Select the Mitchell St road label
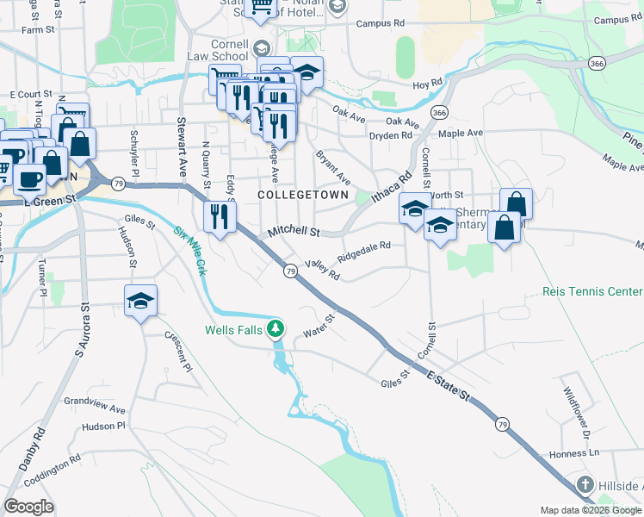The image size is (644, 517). (293, 232)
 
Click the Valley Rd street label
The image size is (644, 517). (323, 271)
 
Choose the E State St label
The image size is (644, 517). (449, 384)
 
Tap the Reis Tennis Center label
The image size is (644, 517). (592, 292)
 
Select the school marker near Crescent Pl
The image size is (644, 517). (140, 302)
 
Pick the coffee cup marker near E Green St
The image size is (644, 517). (30, 180)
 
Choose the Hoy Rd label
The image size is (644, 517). (427, 84)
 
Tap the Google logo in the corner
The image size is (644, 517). (28, 507)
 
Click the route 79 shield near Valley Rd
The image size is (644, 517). (291, 271)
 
